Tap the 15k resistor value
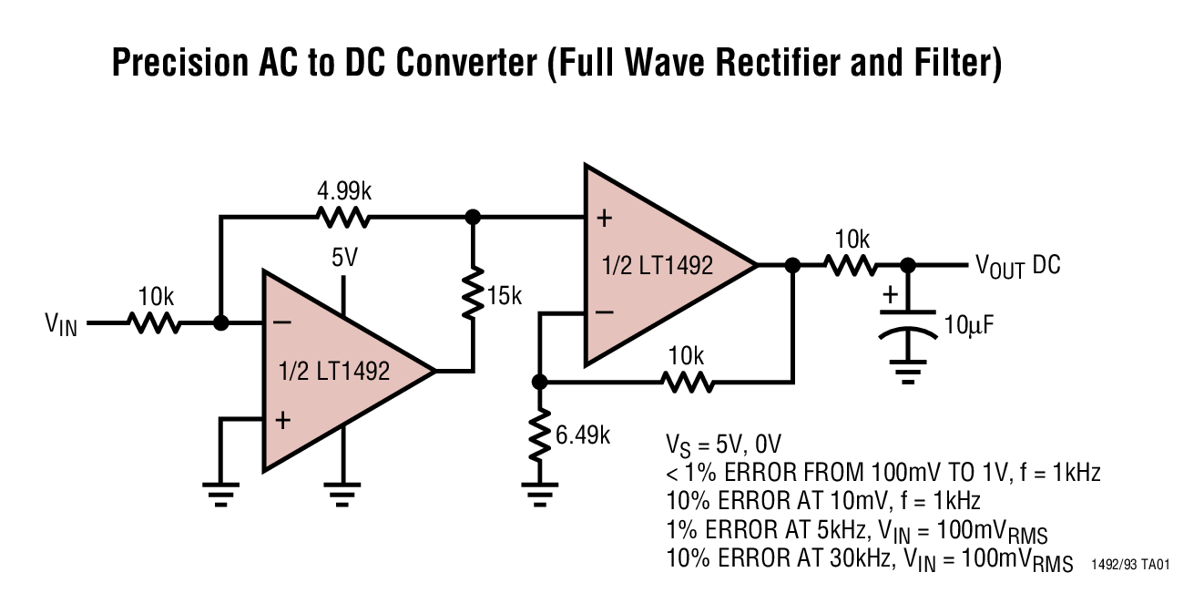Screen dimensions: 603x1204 point(504,296)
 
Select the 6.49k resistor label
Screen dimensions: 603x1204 point(583,434)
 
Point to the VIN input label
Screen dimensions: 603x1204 point(61,323)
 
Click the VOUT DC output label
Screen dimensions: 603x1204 point(1017,265)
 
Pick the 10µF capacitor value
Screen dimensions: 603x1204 point(966,323)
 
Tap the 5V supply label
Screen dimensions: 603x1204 point(344,258)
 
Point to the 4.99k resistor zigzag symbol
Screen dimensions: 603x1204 point(342,218)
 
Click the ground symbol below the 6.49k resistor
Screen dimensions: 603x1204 point(540,496)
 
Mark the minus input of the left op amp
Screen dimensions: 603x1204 point(282,322)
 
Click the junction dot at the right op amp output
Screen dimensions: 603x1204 point(792,265)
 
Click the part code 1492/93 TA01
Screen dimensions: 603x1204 point(1129,566)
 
